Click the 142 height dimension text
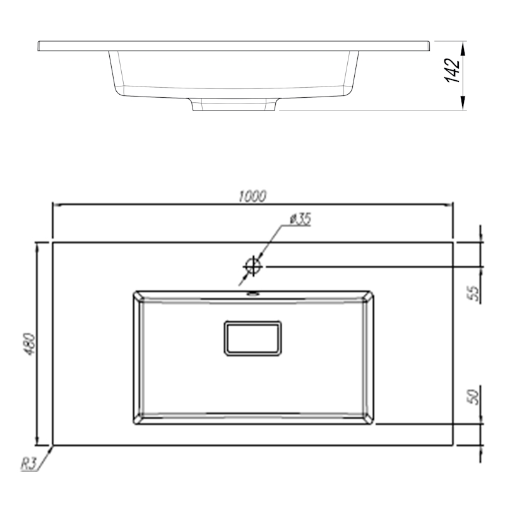(452, 71)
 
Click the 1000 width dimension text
(252, 196)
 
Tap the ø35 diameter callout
(300, 219)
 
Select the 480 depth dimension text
(30, 344)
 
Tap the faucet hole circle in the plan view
(253, 266)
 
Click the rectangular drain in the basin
(252, 338)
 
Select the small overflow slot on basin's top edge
(253, 293)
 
